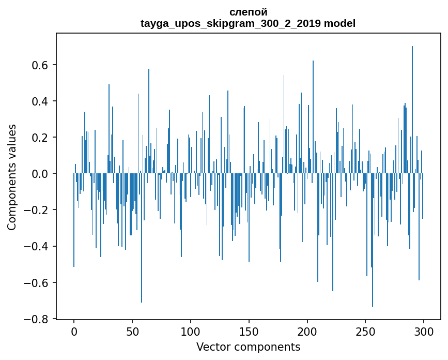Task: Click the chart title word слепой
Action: coord(248,12)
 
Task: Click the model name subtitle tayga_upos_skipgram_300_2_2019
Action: coord(248,23)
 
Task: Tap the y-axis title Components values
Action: coord(12,177)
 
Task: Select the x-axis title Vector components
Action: coord(248,347)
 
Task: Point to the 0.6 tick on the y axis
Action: coord(41,65)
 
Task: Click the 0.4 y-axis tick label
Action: coord(41,101)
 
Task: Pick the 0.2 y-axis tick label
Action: coord(41,138)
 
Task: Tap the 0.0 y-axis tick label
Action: coord(41,174)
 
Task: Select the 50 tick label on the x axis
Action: coord(132,331)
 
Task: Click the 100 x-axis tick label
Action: coord(191,331)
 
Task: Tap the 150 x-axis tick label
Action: coord(249,331)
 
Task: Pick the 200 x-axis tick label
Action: coord(307,331)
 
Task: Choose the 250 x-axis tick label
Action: coord(365,331)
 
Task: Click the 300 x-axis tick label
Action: coord(424,331)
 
